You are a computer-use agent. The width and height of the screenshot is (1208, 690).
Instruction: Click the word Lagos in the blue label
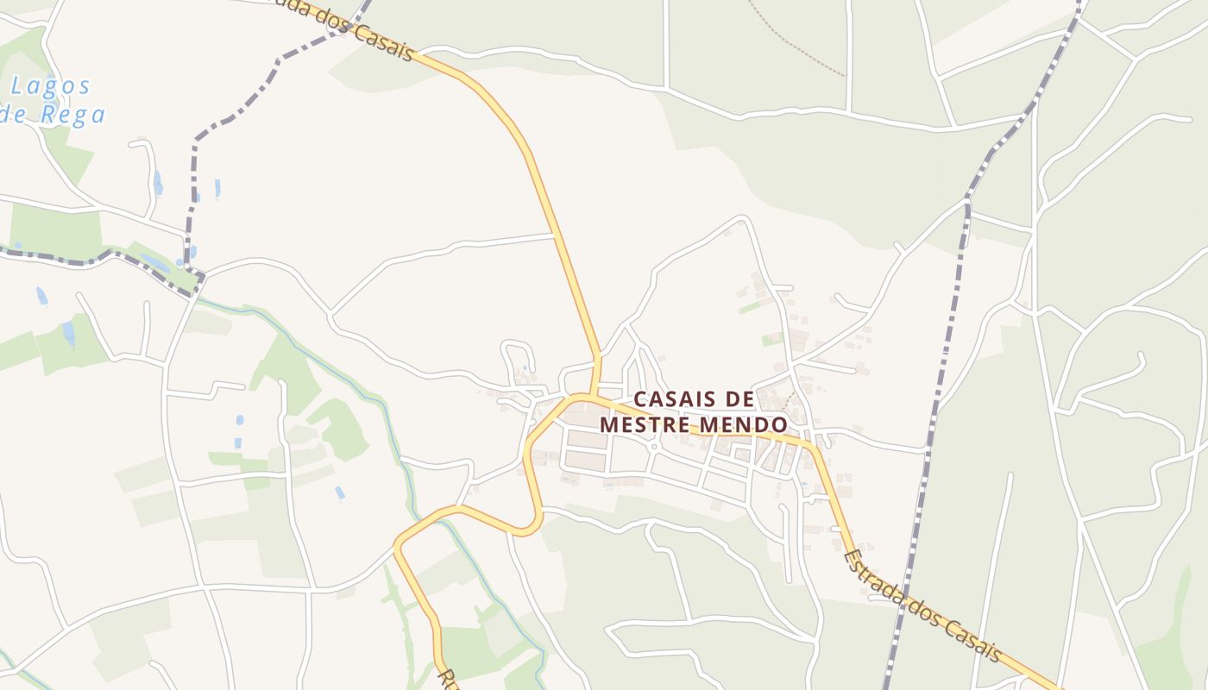point(52,86)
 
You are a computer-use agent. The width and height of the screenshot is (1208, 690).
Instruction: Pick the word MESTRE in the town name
point(644,425)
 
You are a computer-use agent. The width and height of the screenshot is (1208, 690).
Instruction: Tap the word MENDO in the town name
point(744,425)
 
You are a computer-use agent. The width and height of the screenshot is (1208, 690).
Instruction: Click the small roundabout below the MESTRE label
point(654,447)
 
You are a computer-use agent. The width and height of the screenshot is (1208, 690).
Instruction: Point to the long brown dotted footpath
point(798,39)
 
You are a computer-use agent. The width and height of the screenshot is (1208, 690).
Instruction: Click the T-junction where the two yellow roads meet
point(595,396)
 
